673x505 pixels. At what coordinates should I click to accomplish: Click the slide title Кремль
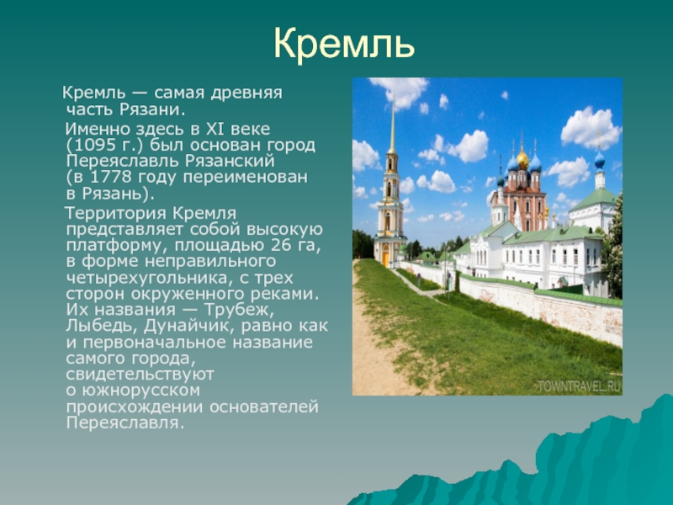[344, 44]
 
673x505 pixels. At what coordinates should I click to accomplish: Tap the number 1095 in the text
[93, 145]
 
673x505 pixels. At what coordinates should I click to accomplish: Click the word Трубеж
[239, 310]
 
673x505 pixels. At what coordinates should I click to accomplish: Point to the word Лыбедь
[102, 326]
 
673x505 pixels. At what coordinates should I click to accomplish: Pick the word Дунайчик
[189, 326]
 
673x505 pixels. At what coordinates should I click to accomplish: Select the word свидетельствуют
[140, 375]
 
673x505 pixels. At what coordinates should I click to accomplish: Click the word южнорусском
[141, 391]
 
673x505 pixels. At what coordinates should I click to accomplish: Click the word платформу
[118, 246]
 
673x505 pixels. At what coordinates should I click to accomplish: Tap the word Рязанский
[230, 161]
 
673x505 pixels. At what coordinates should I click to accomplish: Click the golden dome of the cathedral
[522, 160]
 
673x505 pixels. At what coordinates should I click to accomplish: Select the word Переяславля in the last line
[125, 423]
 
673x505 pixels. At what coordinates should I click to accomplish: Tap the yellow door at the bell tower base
[386, 259]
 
